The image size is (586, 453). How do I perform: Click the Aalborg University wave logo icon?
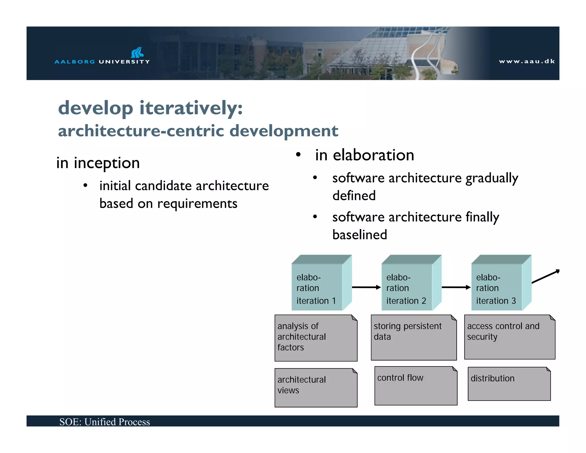pos(137,52)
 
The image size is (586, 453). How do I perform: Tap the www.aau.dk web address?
pos(527,61)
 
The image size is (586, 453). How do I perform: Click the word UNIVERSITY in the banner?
pos(124,62)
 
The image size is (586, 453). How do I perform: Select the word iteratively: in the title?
pos(191,108)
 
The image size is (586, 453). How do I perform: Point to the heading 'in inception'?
pos(98,163)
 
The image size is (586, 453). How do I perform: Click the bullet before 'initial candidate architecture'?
pos(85,186)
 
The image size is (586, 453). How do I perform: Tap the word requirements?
pos(197,204)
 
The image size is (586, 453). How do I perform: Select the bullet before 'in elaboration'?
pos(298,155)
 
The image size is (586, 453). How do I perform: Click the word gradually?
pos(492,178)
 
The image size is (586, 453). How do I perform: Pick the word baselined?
pos(359,235)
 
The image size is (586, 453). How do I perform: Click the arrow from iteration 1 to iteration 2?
pos(366,287)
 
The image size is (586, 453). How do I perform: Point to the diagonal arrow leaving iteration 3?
pos(545,276)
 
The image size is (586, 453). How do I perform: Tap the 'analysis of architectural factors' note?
pos(316,338)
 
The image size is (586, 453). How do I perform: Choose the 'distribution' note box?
pos(509,384)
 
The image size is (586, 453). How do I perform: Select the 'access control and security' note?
pos(509,337)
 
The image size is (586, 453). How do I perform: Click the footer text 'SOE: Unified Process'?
pos(104,422)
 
